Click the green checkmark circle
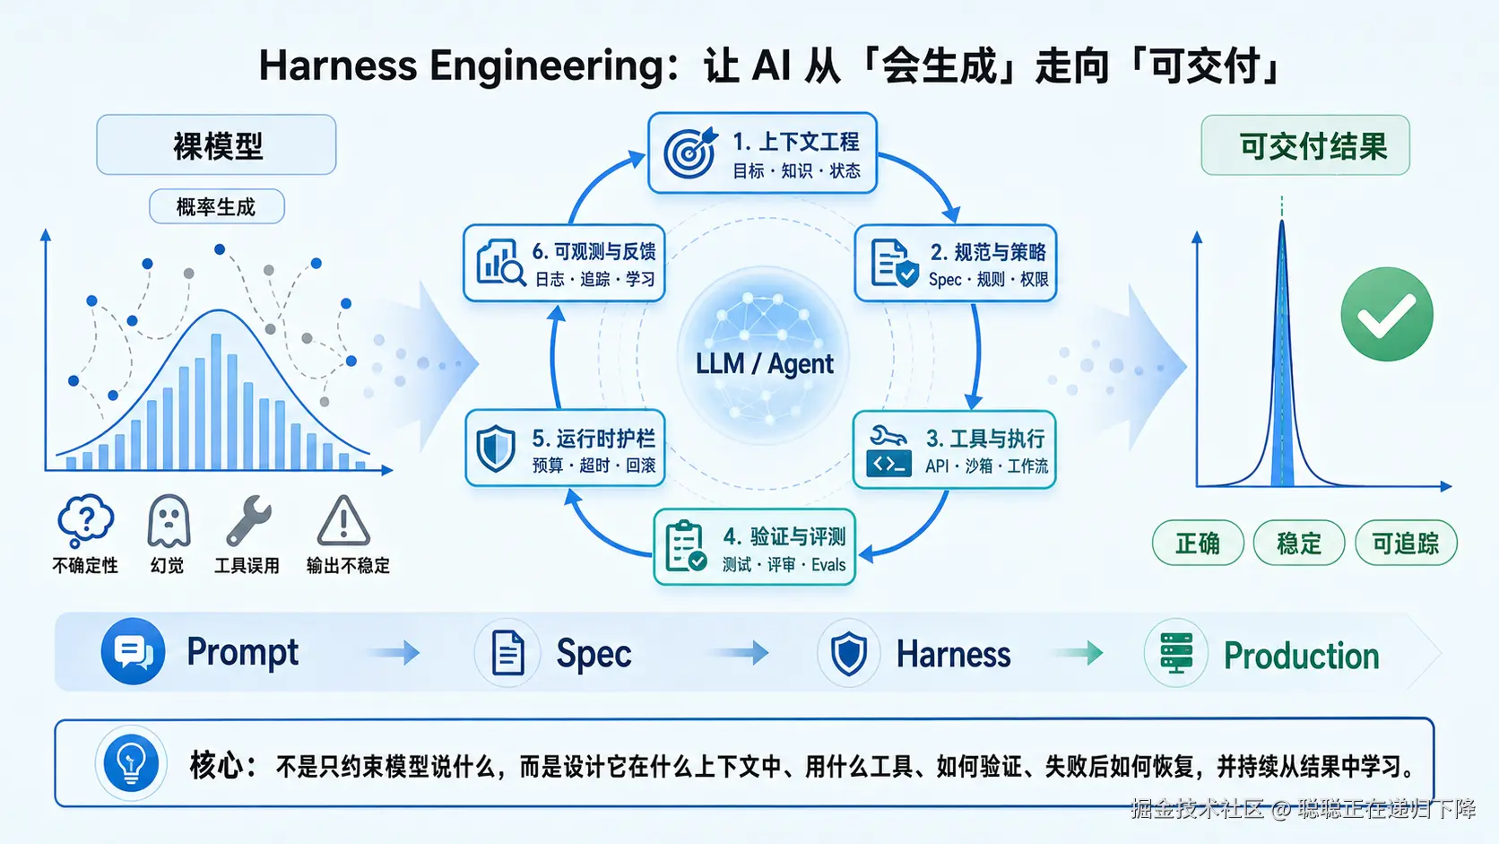pyautogui.click(x=1387, y=315)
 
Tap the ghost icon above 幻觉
pyautogui.click(x=169, y=521)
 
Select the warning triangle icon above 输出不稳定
pyautogui.click(x=343, y=520)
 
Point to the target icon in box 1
pyautogui.click(x=690, y=152)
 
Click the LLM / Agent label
pyautogui.click(x=764, y=364)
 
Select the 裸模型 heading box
pyautogui.click(x=216, y=144)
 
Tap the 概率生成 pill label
pyautogui.click(x=216, y=207)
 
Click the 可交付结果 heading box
pyautogui.click(x=1305, y=145)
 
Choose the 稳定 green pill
pyautogui.click(x=1298, y=543)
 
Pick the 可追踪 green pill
pyautogui.click(x=1406, y=543)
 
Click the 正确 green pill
pyautogui.click(x=1198, y=543)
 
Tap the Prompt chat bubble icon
pyautogui.click(x=133, y=651)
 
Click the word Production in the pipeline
pyautogui.click(x=1302, y=656)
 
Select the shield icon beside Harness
pyautogui.click(x=848, y=653)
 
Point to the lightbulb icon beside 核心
pyautogui.click(x=131, y=763)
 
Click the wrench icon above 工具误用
pyautogui.click(x=248, y=521)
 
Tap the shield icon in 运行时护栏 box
pyautogui.click(x=495, y=448)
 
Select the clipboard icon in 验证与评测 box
pyautogui.click(x=686, y=547)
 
